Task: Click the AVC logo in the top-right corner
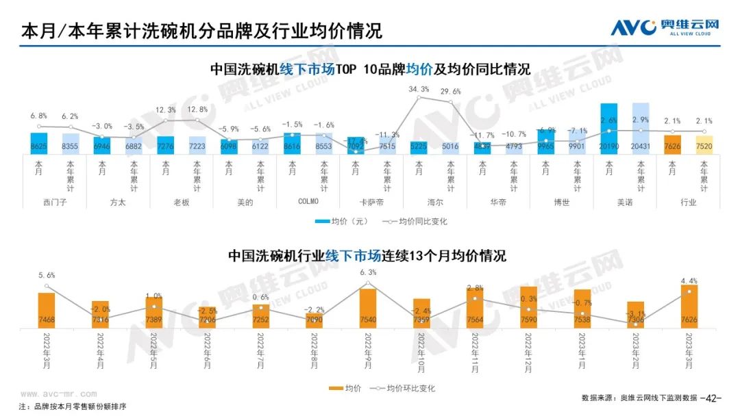[x=665, y=27]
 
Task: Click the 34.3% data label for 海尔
[x=418, y=90]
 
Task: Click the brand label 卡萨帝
[x=371, y=202]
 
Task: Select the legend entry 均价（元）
[x=343, y=222]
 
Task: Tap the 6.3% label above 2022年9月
[x=368, y=272]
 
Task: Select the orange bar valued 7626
[x=689, y=307]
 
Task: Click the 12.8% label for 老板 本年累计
[x=197, y=109]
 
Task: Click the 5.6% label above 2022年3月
[x=47, y=275]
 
